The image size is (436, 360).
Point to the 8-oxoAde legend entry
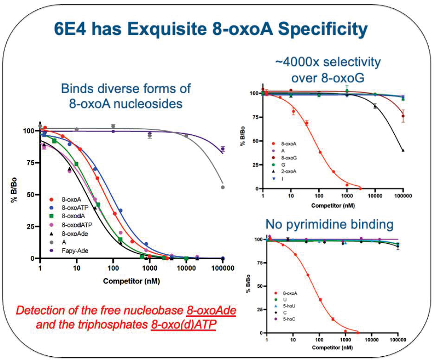[69, 234]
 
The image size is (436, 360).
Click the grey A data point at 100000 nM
[223, 187]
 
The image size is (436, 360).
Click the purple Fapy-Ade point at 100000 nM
[223, 149]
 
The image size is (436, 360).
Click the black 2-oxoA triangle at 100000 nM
[403, 150]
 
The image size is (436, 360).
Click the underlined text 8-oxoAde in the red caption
[212, 310]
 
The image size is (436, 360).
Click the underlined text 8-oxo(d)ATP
[184, 324]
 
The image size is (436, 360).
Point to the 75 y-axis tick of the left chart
[31, 163]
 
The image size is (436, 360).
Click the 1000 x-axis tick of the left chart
[150, 268]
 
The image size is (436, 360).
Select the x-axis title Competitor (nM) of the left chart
[132, 281]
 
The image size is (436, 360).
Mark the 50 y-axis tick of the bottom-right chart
[260, 286]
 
